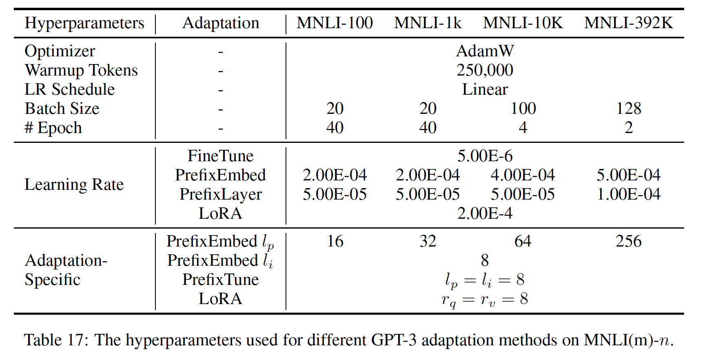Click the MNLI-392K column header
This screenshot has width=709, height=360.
click(628, 23)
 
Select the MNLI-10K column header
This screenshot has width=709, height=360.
click(523, 23)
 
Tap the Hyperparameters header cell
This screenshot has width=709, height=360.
click(84, 23)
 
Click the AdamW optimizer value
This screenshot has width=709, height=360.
click(485, 51)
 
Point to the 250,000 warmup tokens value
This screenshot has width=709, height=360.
click(485, 70)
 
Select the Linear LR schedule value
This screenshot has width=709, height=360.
click(485, 89)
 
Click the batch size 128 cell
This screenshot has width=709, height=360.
click(629, 109)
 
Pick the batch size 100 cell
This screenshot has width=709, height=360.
click(523, 109)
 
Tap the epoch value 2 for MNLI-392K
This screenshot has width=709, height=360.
click(629, 128)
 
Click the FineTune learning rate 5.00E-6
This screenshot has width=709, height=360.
click(485, 156)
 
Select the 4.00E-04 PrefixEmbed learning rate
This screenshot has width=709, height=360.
click(523, 175)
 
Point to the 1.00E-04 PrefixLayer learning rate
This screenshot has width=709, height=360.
click(628, 194)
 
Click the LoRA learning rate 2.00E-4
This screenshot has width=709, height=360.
click(485, 213)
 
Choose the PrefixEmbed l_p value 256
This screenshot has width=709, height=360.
click(629, 241)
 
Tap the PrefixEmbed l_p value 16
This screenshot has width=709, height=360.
click(335, 241)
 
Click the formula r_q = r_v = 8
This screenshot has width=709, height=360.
click(485, 300)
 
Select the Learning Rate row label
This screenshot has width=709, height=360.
click(74, 184)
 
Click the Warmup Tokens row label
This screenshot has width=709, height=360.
click(81, 70)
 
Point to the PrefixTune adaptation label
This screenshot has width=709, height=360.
click(220, 280)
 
